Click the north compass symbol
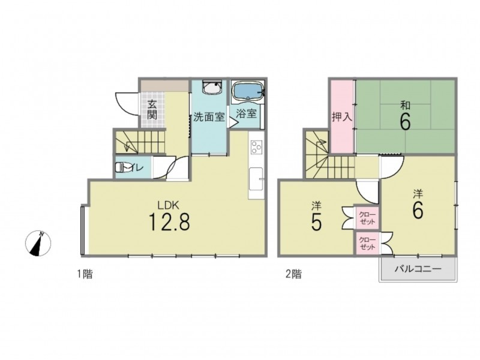pos(38,244)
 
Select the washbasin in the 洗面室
pos(212,88)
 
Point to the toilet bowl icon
pos(122,168)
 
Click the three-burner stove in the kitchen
pos(256,147)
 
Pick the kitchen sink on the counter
pos(256,179)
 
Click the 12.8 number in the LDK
pos(169,222)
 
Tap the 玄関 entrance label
pos(152,110)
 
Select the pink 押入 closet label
pos(342,116)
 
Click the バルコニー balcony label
pos(418,269)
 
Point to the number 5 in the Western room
pos(316,222)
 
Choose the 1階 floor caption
pos(85,274)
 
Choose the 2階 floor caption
pos(293,274)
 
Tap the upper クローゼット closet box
pos(367,217)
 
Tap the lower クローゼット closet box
pos(367,243)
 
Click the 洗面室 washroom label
pos(209,117)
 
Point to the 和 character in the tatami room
pos(406,106)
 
